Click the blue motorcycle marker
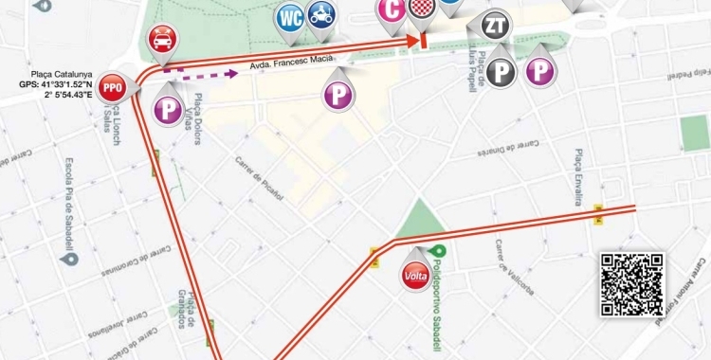[x=322, y=15]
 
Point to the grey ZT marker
[x=494, y=26]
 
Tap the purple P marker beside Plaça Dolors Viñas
[x=169, y=110]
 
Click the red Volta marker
[x=415, y=277]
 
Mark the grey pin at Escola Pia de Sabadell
[x=66, y=258]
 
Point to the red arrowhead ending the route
[x=415, y=41]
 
